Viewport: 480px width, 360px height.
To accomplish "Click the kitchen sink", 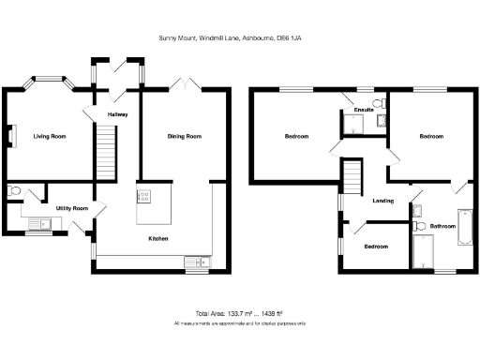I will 197,261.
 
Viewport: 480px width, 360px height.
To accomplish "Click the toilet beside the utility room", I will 11,192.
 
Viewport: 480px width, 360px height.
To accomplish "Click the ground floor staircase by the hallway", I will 105,151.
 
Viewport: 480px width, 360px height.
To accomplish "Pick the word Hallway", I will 117,113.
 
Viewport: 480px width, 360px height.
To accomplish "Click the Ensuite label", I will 364,110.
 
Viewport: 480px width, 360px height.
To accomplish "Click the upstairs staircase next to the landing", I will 352,175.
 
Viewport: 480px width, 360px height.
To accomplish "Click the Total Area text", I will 239,312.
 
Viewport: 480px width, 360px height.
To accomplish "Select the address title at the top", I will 239,38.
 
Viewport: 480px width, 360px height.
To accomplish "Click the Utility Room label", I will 71,207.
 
